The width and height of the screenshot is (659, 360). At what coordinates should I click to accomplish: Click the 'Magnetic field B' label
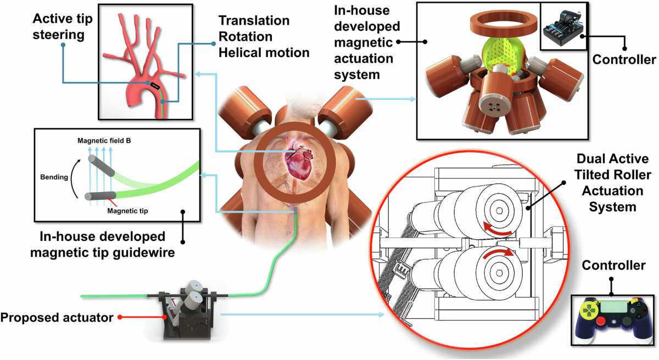(104, 141)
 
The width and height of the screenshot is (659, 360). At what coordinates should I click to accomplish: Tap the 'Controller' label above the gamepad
(613, 266)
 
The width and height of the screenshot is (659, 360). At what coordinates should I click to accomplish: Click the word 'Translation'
(254, 21)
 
